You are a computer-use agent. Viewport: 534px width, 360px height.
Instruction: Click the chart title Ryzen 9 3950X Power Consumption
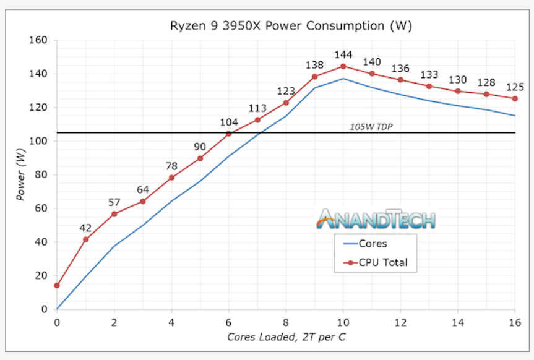pos(291,26)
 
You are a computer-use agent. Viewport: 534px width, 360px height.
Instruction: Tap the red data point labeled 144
pos(343,66)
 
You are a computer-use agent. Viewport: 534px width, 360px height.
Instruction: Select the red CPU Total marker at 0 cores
pos(57,285)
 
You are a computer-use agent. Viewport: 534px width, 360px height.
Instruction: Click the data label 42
pos(85,228)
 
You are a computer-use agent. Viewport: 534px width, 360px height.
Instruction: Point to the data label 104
pos(228,122)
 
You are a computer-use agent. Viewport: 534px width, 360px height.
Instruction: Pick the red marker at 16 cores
pos(515,98)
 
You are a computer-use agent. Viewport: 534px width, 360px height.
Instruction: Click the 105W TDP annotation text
pos(372,127)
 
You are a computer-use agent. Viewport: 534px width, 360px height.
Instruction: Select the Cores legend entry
pos(373,244)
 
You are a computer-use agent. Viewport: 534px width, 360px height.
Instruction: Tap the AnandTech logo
pos(376,219)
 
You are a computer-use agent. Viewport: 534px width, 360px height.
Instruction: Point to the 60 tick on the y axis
pos(41,208)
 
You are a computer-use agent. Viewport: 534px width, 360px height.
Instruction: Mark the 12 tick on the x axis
pos(400,322)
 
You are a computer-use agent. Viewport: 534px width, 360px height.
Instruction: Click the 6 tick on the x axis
pos(229,322)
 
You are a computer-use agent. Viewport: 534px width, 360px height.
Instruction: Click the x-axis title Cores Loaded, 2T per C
pos(286,337)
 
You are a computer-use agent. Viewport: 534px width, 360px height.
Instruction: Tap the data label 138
pos(315,65)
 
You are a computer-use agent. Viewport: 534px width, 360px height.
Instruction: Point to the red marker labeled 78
pos(171,178)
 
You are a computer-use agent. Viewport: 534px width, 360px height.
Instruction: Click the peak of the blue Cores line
pos(343,79)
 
